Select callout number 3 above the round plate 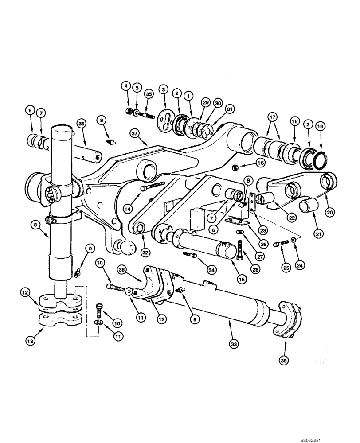coord(165,90)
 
